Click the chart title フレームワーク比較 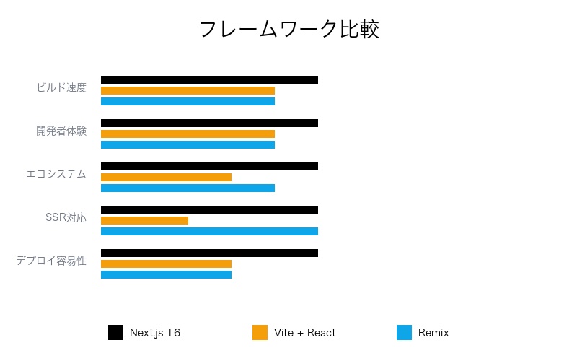(288, 30)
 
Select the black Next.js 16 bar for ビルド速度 (209, 80)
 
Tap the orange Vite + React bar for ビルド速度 (188, 91)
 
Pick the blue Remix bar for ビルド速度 (188, 102)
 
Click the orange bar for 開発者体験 (188, 134)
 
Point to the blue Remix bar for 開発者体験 (188, 145)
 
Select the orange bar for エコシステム (166, 178)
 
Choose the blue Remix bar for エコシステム (188, 188)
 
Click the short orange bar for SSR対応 (144, 221)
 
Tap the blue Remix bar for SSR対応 (209, 232)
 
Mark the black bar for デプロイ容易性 (209, 253)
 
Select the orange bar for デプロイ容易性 (166, 264)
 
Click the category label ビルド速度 (61, 88)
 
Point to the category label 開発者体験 (61, 131)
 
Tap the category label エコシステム (56, 174)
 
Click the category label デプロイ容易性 (51, 261)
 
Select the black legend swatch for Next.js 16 (115, 333)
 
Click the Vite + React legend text (304, 333)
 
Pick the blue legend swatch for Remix (404, 333)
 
